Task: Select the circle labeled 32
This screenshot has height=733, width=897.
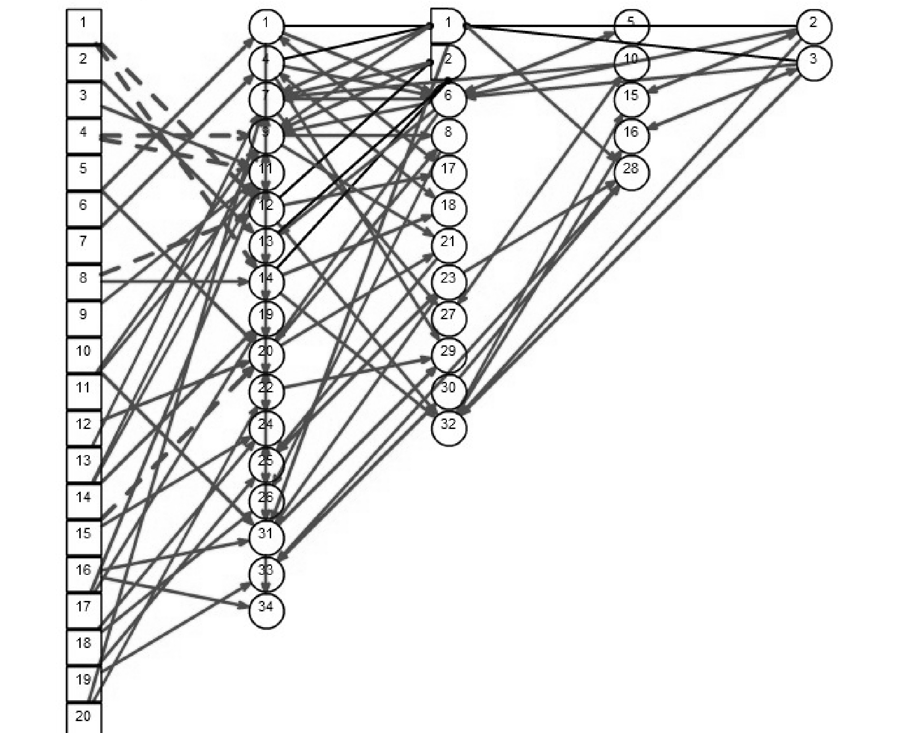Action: coord(448,428)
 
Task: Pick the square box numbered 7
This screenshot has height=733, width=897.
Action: coord(84,245)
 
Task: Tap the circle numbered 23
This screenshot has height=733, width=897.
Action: coord(448,282)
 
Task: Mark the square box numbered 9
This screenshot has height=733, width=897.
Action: coord(84,318)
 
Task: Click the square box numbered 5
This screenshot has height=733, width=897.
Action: coord(84,172)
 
